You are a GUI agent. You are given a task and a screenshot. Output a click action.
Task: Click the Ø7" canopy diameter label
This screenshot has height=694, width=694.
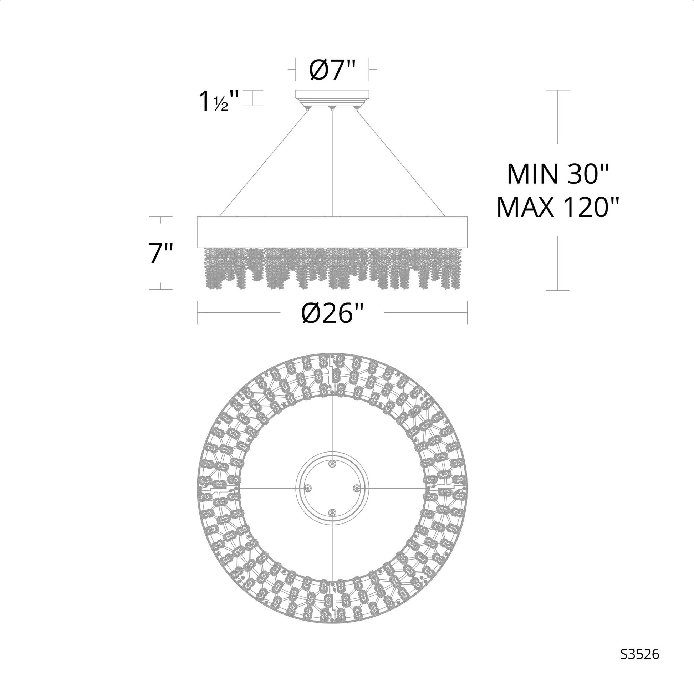[x=332, y=70]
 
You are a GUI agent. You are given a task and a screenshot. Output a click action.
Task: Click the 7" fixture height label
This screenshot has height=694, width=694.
[x=161, y=253]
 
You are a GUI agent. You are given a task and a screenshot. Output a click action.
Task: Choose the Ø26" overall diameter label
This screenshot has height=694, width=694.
[x=332, y=313]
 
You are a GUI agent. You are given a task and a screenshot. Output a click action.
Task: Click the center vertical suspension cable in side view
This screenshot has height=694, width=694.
[x=332, y=163]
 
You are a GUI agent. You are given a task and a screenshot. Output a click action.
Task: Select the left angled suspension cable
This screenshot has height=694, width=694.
[x=263, y=163]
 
